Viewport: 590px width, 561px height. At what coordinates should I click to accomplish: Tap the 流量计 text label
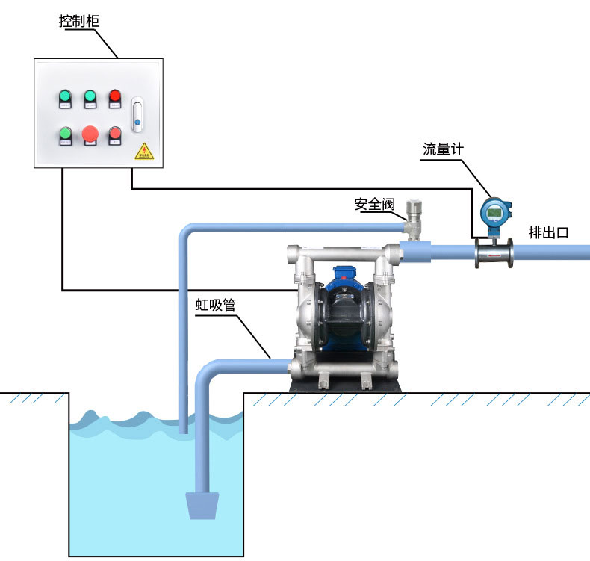pos(443,149)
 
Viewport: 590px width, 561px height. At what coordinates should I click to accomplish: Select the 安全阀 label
pos(373,204)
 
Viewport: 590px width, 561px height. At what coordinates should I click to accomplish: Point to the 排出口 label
pos(549,232)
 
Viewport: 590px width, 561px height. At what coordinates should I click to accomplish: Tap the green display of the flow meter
pos(493,213)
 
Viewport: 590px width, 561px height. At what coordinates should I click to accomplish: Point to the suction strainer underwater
pos(202,506)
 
